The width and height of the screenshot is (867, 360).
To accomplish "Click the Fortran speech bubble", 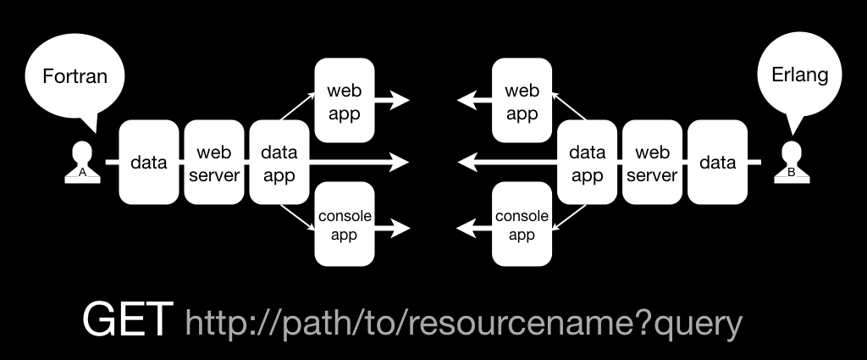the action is click(x=75, y=76).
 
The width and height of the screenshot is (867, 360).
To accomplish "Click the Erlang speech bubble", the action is click(x=799, y=75).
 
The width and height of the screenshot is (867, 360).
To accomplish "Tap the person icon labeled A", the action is click(x=82, y=162).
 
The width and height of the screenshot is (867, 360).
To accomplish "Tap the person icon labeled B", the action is click(x=792, y=162).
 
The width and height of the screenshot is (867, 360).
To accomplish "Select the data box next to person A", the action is click(x=149, y=162).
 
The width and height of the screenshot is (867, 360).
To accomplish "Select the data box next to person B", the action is click(x=718, y=162).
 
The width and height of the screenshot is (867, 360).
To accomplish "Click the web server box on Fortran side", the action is click(x=214, y=162).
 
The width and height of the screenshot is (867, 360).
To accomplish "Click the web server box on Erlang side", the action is click(x=653, y=162).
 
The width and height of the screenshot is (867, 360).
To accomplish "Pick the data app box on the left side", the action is click(x=279, y=162).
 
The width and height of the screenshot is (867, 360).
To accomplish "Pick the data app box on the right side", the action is click(x=588, y=162).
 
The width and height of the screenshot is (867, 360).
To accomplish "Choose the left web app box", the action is click(x=345, y=100).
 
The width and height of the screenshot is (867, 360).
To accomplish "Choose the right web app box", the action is click(x=522, y=100).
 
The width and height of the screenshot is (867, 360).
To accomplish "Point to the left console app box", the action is click(x=345, y=224).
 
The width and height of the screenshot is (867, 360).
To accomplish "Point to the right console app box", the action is click(x=522, y=224).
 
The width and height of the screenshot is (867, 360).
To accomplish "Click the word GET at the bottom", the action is click(x=127, y=319).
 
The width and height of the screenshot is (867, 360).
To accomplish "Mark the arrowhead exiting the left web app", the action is click(x=400, y=100).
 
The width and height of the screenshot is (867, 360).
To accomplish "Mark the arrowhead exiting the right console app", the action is click(x=467, y=228).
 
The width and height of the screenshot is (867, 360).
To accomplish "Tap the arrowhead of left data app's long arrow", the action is click(x=399, y=162).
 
